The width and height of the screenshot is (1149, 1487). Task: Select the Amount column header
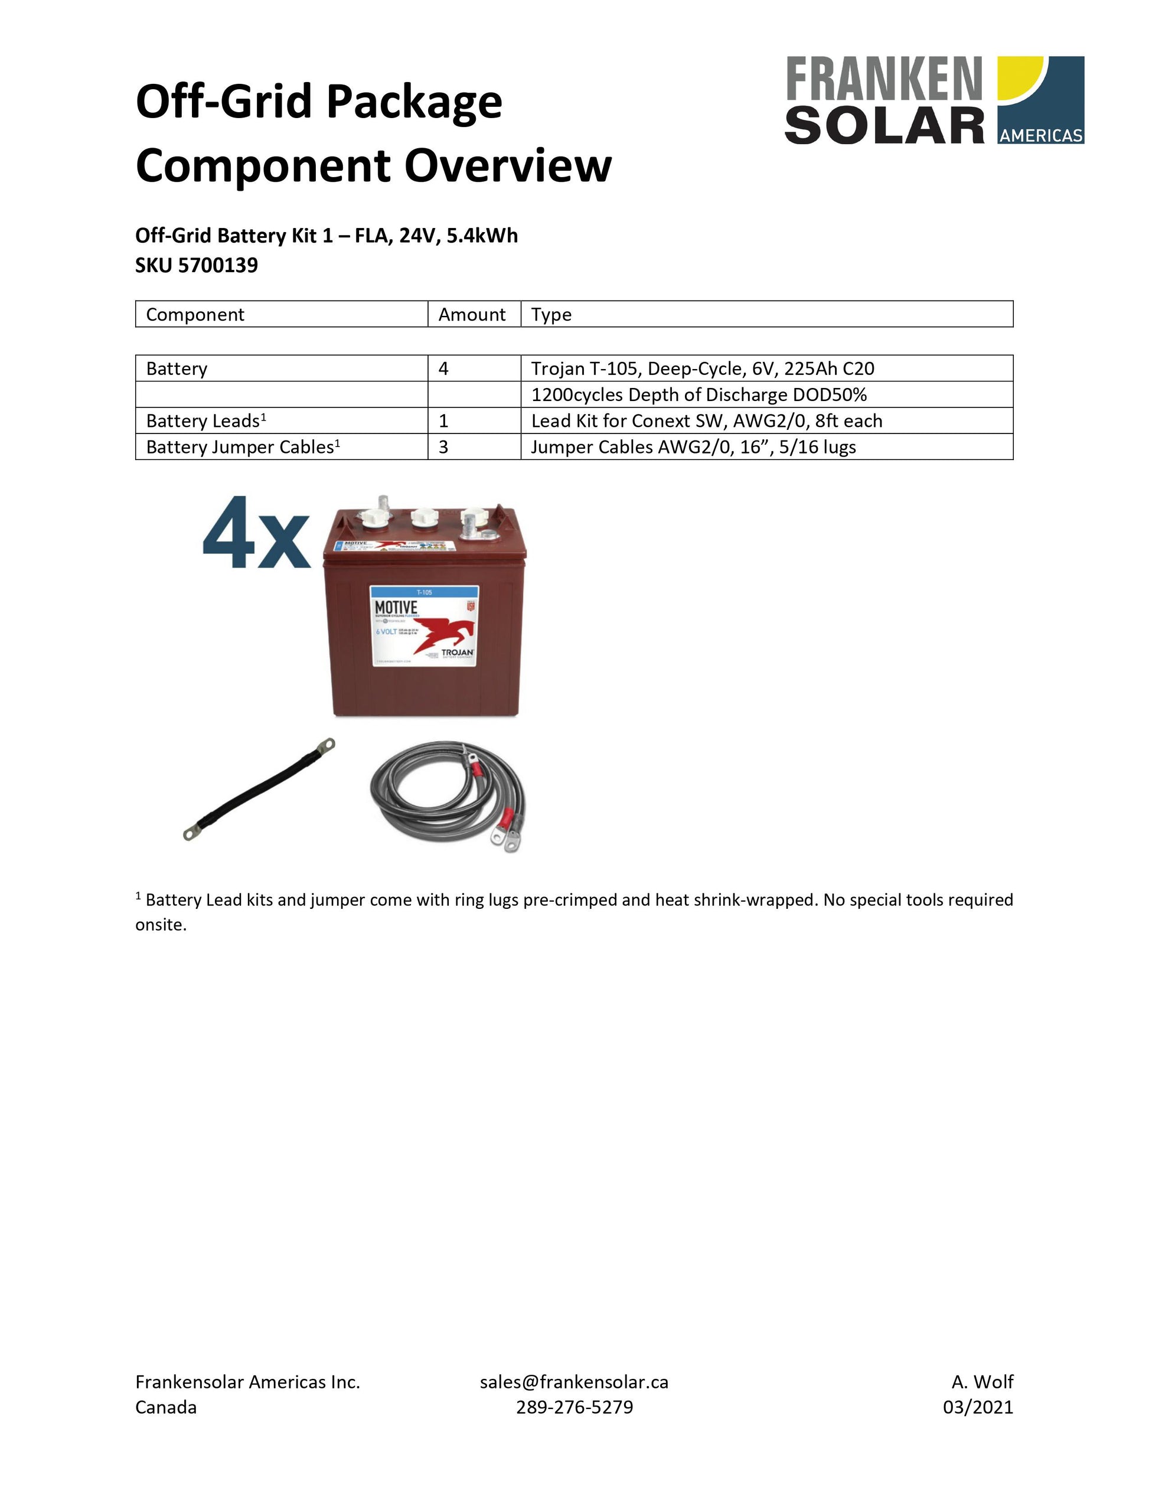click(472, 314)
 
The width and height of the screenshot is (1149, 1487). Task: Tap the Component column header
click(195, 314)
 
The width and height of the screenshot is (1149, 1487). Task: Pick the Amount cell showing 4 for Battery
click(444, 369)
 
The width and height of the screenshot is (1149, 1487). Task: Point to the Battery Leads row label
click(205, 421)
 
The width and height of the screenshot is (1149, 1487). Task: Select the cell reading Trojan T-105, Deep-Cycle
click(702, 369)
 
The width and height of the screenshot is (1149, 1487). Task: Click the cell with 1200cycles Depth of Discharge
click(698, 395)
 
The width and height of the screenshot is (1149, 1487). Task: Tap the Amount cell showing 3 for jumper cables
click(444, 446)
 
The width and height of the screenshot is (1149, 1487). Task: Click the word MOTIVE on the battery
click(396, 606)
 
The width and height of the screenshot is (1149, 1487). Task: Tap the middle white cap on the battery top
click(423, 521)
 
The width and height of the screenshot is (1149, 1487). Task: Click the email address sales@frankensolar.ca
click(574, 1381)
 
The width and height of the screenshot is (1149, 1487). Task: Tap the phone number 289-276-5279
click(574, 1407)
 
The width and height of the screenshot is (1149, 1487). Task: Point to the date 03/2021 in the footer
click(977, 1407)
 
